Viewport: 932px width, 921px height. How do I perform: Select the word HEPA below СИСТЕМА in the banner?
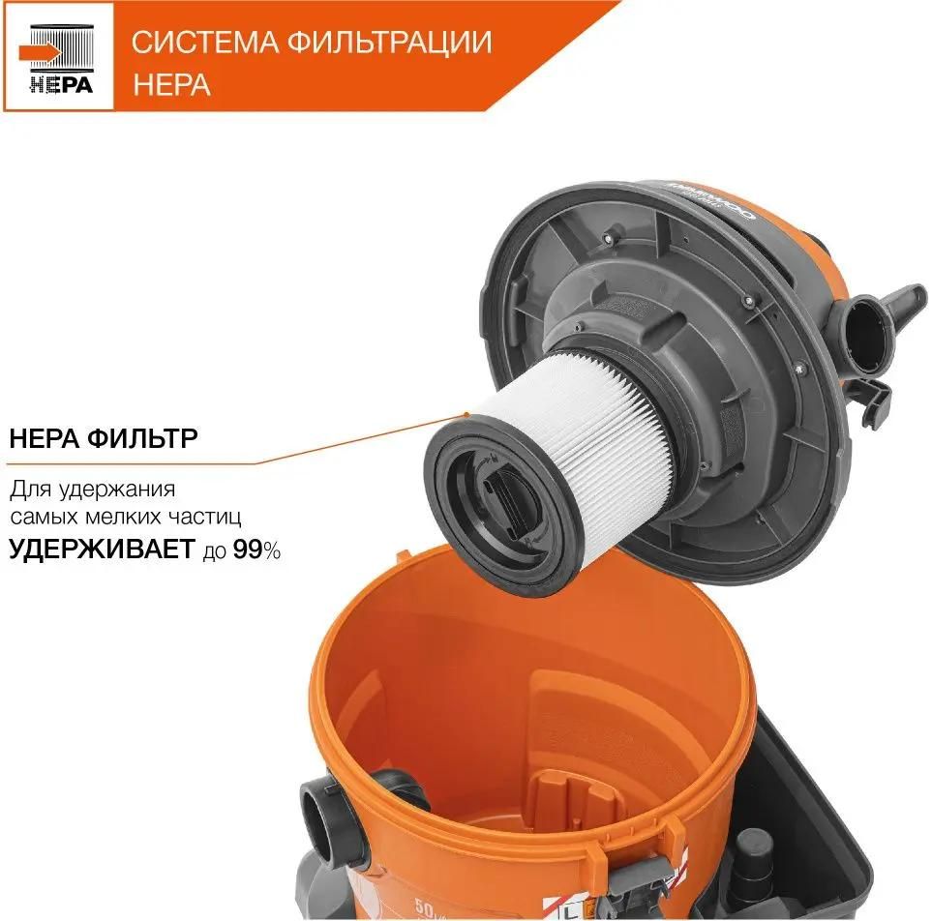171,85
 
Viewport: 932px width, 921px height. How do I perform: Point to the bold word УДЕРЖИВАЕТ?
104,550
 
